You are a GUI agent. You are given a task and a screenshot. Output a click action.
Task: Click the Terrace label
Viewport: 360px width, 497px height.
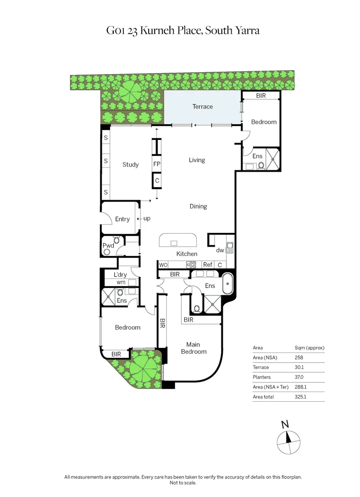(x=203, y=107)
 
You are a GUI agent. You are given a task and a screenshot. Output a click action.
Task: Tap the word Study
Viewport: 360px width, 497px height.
(x=130, y=165)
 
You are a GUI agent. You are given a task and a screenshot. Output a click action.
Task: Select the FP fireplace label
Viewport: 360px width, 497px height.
(x=157, y=164)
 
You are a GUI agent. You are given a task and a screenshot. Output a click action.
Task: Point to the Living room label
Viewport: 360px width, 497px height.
(x=197, y=160)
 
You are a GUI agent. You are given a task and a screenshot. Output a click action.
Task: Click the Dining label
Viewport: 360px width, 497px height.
(x=198, y=207)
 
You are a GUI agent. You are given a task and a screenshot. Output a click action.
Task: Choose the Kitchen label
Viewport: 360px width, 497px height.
(x=187, y=254)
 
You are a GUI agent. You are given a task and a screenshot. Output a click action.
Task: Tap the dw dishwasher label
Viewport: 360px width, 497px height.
(x=220, y=251)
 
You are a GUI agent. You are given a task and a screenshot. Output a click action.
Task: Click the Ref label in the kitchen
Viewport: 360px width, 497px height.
(x=208, y=265)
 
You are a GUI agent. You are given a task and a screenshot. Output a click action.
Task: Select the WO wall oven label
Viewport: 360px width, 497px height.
(x=163, y=265)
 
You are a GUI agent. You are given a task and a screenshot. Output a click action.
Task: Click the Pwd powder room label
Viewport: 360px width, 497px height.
(x=108, y=246)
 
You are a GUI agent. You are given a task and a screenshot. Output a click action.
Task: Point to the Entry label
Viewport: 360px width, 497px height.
(x=122, y=220)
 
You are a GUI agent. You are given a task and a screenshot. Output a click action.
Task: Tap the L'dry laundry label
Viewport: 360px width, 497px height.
(x=121, y=275)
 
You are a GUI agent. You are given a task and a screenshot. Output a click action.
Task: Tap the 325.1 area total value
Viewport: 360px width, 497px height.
(x=302, y=397)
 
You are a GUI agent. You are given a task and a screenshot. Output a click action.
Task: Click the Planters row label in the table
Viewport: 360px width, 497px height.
(x=262, y=377)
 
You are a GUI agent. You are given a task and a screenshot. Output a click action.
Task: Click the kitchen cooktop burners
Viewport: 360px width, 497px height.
(x=191, y=265)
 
